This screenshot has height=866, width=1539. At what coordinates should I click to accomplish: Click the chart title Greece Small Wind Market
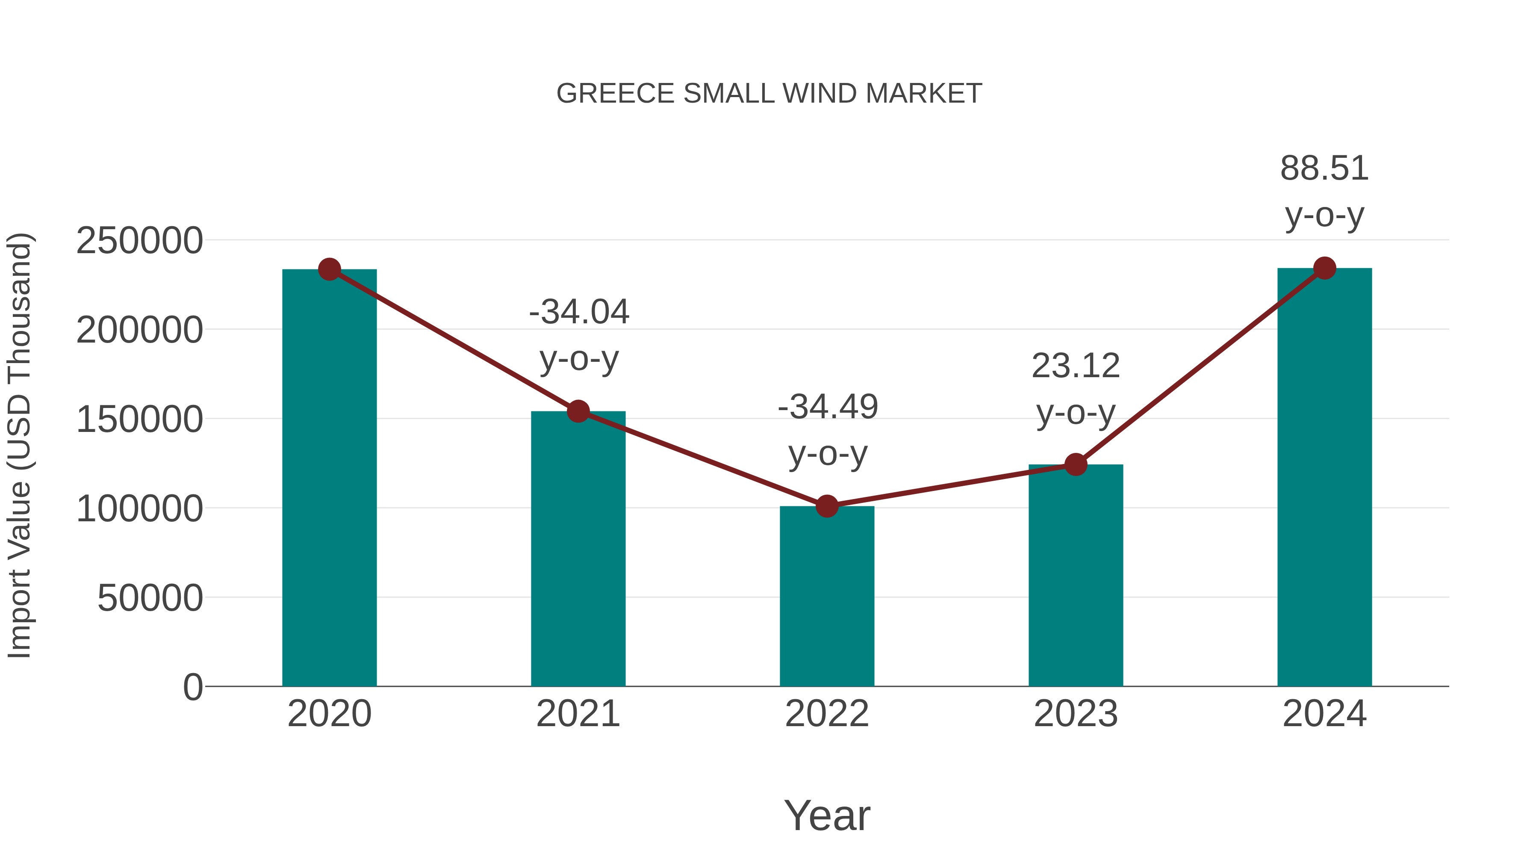[769, 94]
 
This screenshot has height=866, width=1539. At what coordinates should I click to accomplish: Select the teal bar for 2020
[329, 478]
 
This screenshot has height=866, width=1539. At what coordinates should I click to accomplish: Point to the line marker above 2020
[329, 269]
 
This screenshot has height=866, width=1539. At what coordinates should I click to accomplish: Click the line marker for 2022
[827, 506]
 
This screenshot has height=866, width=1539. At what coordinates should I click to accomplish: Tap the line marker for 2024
[1324, 268]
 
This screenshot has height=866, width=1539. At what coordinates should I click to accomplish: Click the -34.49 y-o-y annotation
[828, 430]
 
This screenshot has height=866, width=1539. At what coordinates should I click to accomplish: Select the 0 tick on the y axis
[192, 687]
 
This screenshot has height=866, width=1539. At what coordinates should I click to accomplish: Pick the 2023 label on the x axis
[1076, 714]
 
